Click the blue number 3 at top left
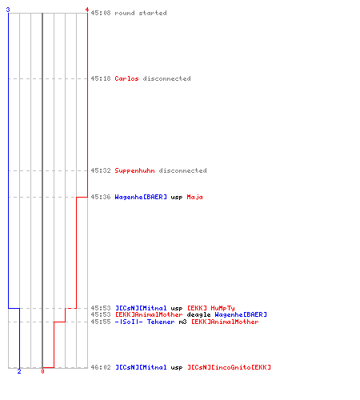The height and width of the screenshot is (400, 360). click(x=8, y=10)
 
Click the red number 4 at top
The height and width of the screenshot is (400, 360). click(x=87, y=10)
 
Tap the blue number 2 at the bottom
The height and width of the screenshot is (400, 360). click(x=19, y=371)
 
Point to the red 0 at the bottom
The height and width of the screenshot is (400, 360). click(x=42, y=371)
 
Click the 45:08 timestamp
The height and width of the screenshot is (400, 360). click(x=101, y=13)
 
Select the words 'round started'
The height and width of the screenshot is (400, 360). click(x=141, y=13)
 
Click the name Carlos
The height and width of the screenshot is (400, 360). click(x=126, y=78)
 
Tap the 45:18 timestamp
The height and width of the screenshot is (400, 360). click(x=101, y=78)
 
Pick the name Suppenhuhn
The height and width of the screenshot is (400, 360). click(x=134, y=170)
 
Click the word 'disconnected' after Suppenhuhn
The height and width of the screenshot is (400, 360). click(x=182, y=170)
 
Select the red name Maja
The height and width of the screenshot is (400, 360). click(x=194, y=197)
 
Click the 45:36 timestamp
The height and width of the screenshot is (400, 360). click(x=101, y=197)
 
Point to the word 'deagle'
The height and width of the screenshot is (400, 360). click(x=198, y=315)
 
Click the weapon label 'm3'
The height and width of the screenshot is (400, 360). click(x=182, y=322)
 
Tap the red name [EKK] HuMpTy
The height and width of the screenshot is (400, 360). click(x=211, y=308)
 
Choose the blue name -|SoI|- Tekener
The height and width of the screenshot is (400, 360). click(x=145, y=322)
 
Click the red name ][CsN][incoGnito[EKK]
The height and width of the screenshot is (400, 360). click(x=229, y=367)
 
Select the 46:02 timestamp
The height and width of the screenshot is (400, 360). click(x=101, y=367)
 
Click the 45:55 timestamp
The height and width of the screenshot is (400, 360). click(x=101, y=322)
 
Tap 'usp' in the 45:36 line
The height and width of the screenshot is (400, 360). click(x=177, y=198)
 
